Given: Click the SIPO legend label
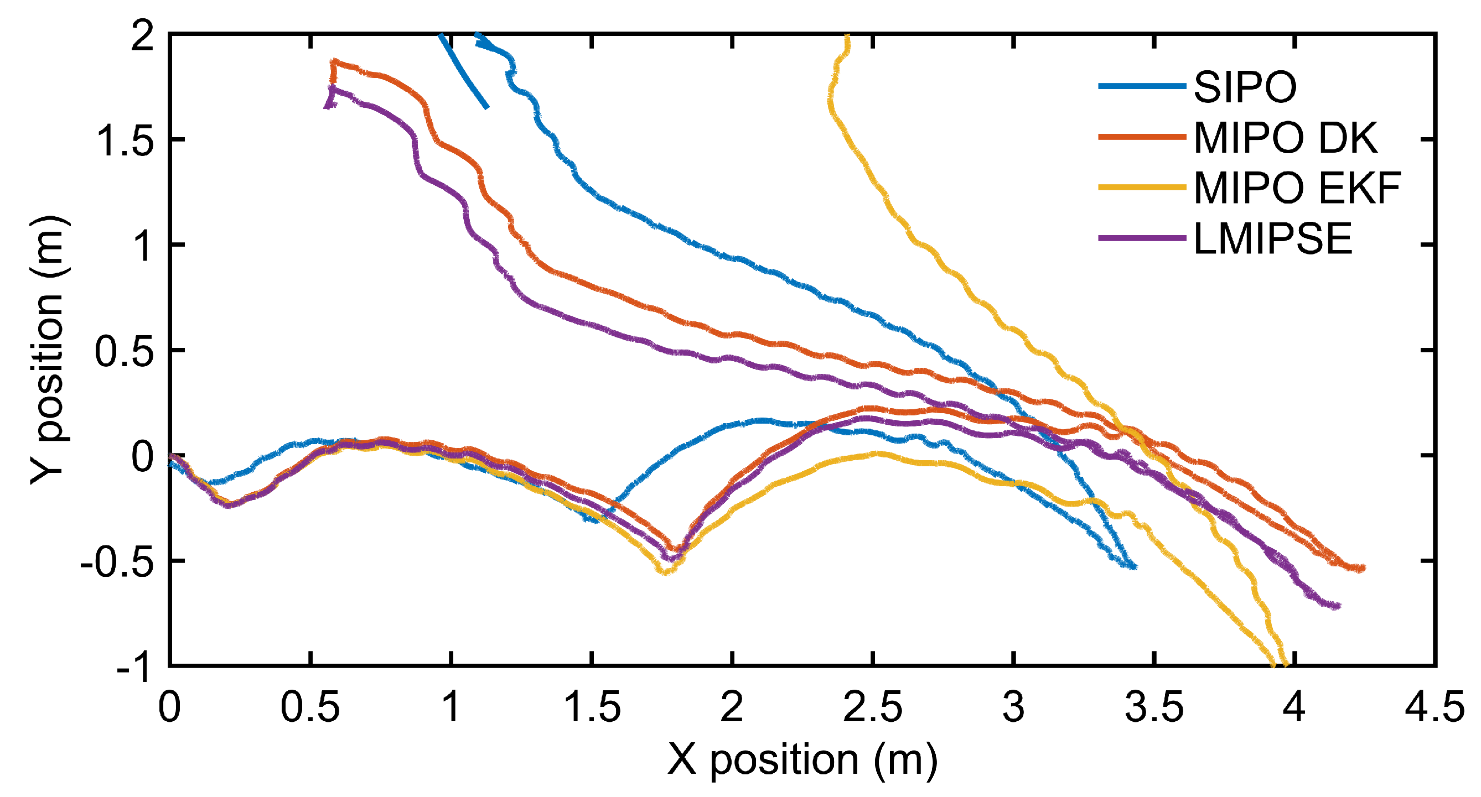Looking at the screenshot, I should tap(1245, 87).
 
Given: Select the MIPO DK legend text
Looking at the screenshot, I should tap(1286, 138).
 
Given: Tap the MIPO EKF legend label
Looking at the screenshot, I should tap(1297, 188).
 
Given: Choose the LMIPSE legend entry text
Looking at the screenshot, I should tap(1273, 238).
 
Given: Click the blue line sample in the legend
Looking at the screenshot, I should tap(1142, 87).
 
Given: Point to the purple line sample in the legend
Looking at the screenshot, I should tap(1142, 238).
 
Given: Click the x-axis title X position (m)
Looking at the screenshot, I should tap(802, 759).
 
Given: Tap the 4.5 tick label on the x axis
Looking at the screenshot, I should tap(1435, 707).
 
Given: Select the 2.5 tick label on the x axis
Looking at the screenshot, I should tap(872, 707).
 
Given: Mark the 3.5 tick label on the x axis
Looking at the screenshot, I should tap(1154, 707).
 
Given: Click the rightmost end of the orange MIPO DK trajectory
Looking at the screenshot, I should tap(1363, 569).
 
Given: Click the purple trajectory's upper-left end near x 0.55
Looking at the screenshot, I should tap(327, 106).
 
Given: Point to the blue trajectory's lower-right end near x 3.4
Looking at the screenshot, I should tap(1135, 567).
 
